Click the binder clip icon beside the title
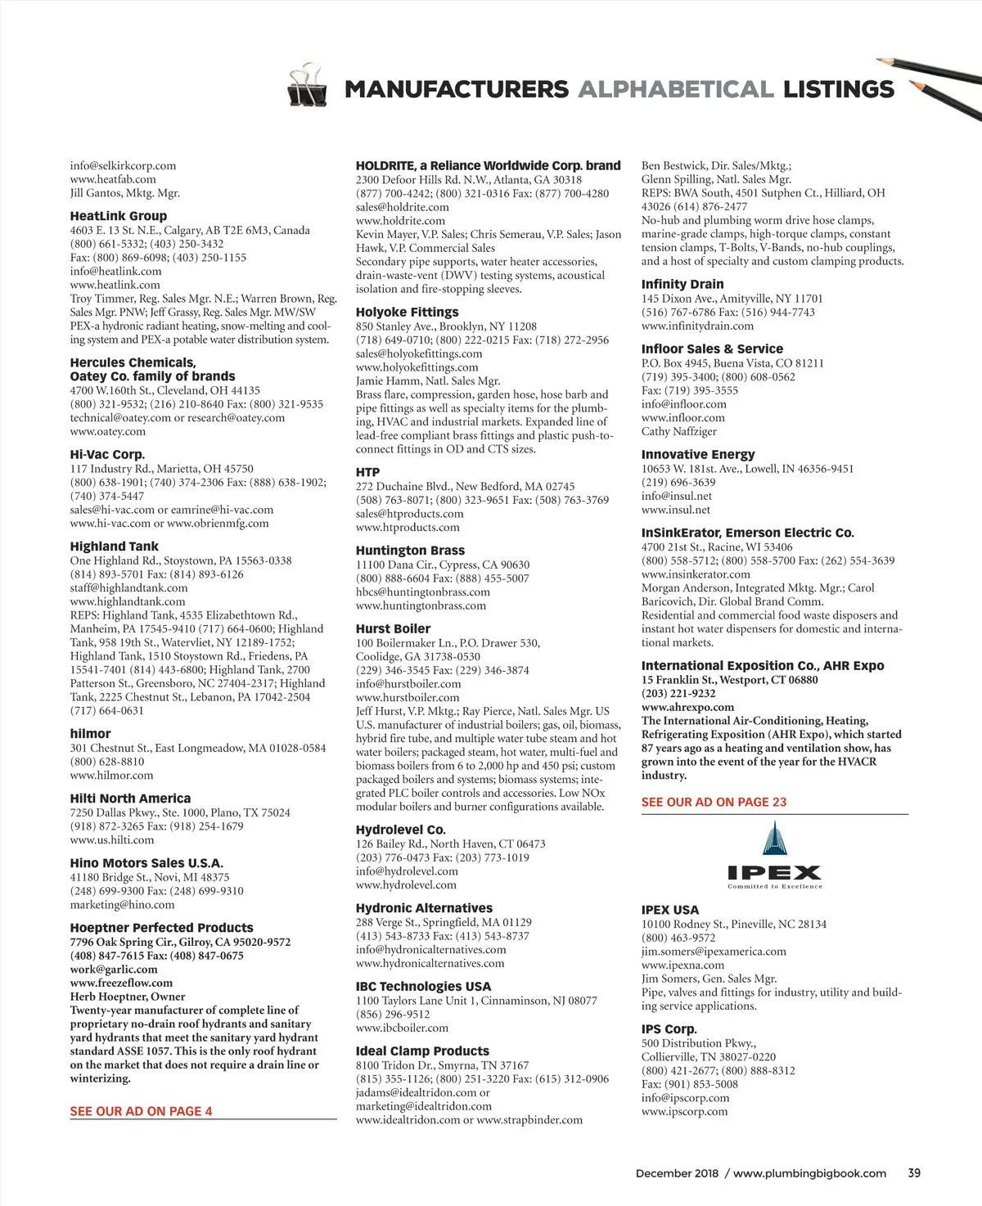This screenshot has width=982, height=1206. point(307,84)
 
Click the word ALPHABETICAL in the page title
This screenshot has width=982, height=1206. point(675,89)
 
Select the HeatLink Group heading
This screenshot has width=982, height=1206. point(119,216)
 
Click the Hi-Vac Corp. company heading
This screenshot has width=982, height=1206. point(107,454)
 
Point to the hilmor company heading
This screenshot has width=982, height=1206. point(90,734)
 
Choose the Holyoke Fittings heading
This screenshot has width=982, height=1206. point(407,312)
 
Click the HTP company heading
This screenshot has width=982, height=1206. point(367,472)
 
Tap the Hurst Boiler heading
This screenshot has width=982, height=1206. point(393,628)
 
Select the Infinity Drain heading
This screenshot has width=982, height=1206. point(682,284)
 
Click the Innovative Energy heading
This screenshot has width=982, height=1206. point(698,454)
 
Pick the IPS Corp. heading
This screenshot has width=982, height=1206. point(669,1029)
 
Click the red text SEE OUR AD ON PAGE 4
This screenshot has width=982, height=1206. point(141,1111)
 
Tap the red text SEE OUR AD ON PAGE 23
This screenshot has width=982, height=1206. point(714,802)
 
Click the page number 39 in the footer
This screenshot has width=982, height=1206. point(914,1172)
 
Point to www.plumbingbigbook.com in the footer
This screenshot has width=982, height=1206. point(809,1173)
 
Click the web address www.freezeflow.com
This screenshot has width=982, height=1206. point(121,983)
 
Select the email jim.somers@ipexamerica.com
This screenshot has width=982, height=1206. point(714,952)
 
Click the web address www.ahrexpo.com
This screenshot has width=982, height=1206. point(687,707)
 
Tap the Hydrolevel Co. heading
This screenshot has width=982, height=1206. point(400,830)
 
